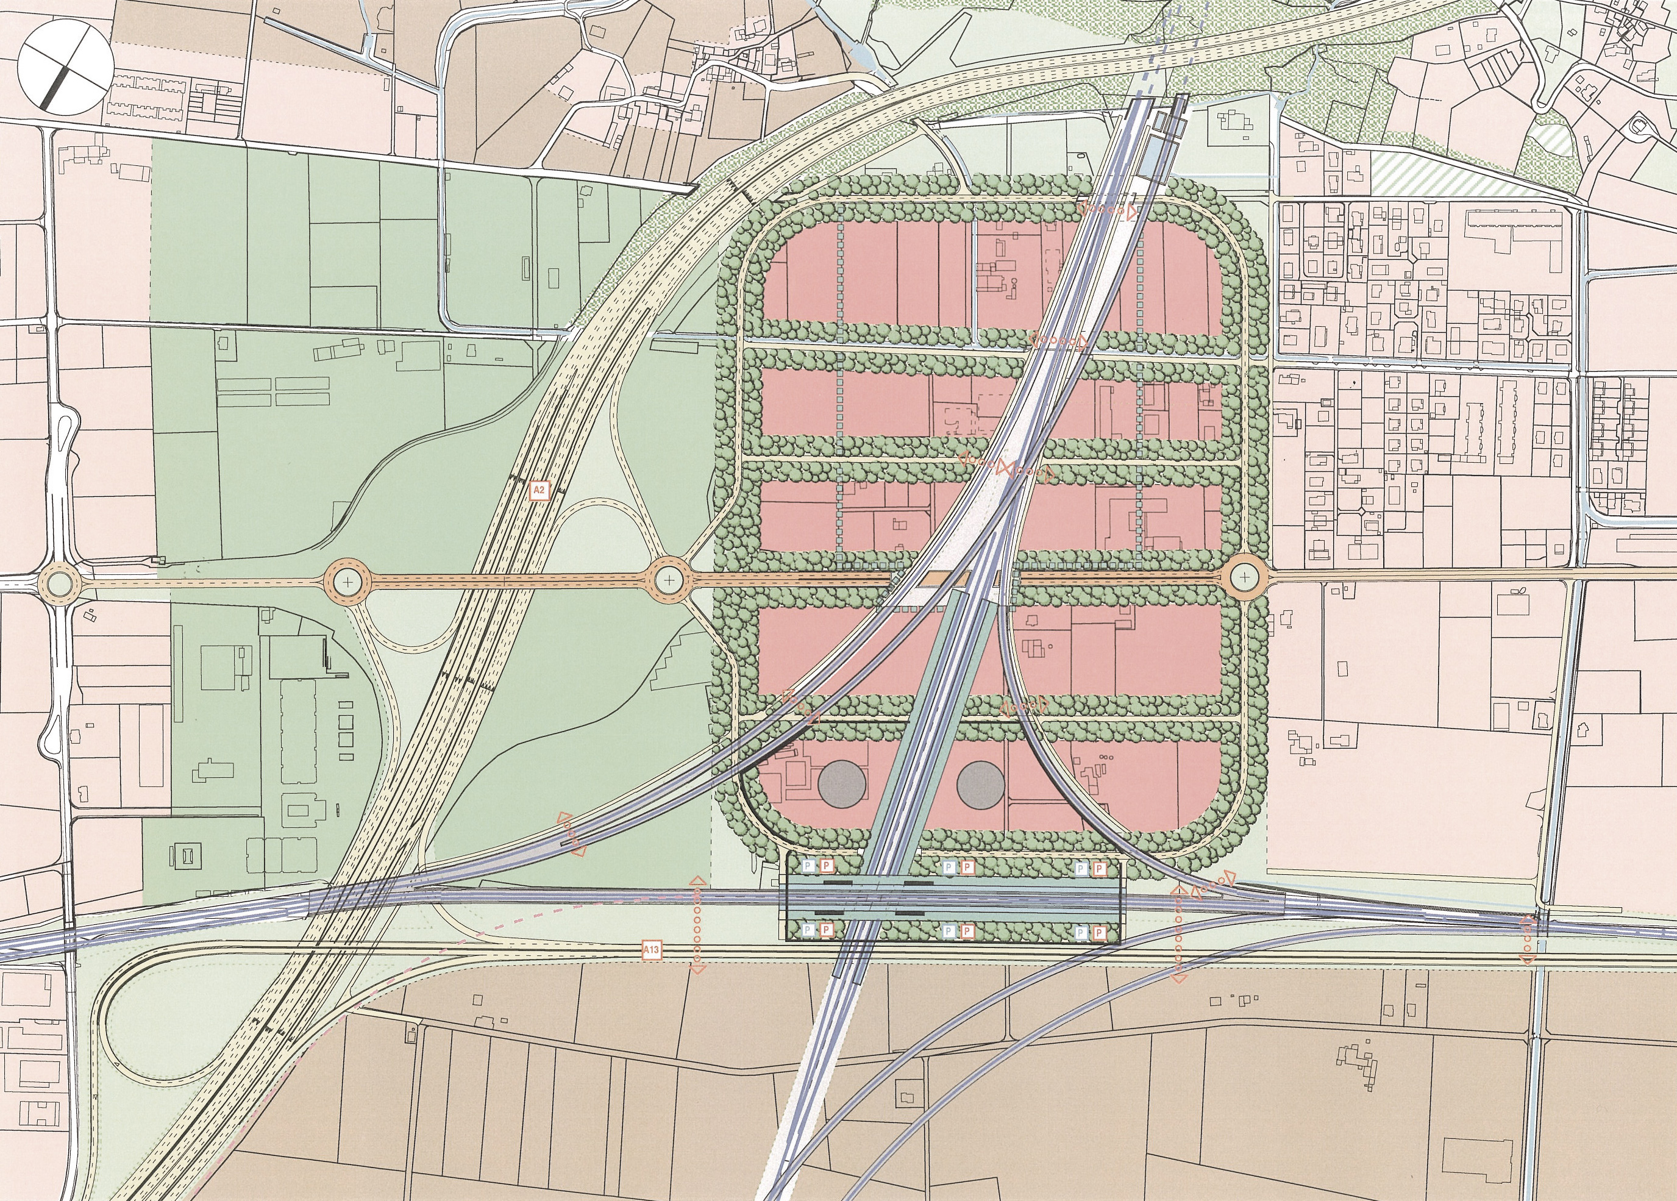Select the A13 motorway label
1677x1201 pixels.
click(650, 950)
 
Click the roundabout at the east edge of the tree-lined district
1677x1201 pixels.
click(1244, 577)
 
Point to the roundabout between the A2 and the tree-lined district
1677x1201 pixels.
click(669, 580)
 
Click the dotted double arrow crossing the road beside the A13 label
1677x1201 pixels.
click(697, 924)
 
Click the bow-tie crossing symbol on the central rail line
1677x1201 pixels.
click(1004, 468)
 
